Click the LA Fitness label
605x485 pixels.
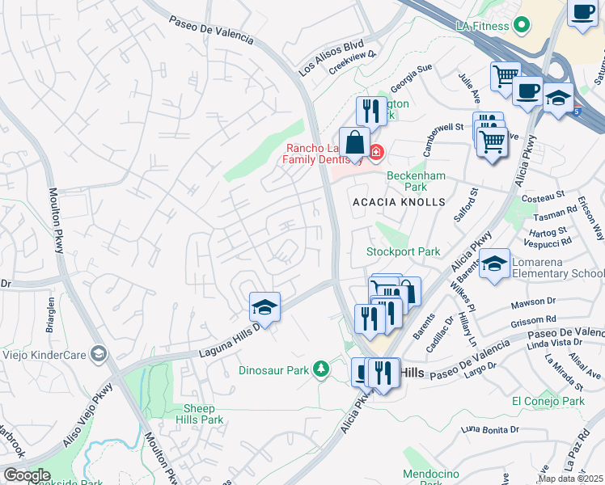click(483, 26)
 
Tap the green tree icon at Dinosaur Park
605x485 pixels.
click(322, 369)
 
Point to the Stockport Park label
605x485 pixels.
click(404, 251)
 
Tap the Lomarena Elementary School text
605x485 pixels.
click(559, 274)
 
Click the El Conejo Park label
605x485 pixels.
click(548, 401)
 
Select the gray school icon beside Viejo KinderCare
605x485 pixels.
click(99, 353)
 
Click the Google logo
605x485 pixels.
click(26, 475)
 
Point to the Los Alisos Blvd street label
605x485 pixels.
click(331, 57)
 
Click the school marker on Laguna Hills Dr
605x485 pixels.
click(264, 307)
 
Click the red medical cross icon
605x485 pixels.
click(376, 152)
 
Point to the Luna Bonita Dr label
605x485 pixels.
click(489, 428)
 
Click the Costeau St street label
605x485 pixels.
click(543, 197)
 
